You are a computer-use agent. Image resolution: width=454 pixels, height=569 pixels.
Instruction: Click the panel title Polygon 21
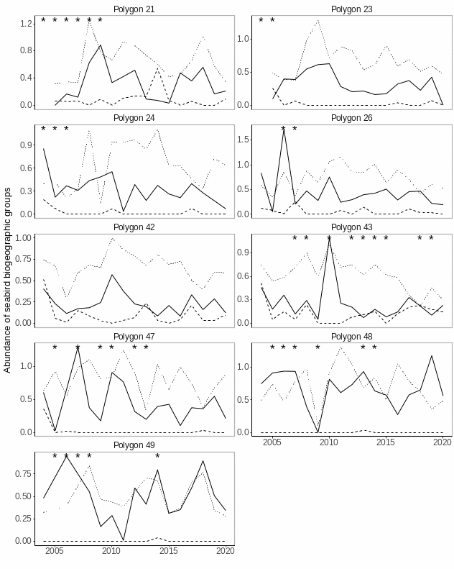tap(134, 9)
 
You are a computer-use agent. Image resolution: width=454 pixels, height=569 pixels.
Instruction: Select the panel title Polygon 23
tap(351, 9)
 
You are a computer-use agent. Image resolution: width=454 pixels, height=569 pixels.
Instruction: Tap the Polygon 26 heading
tap(351, 118)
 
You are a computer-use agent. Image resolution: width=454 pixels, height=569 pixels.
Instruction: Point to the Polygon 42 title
tap(134, 227)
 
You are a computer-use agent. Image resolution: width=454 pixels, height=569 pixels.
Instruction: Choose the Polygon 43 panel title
tap(351, 227)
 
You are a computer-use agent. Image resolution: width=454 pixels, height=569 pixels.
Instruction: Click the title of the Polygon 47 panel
tap(134, 336)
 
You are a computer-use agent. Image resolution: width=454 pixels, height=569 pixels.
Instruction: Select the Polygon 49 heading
tap(134, 445)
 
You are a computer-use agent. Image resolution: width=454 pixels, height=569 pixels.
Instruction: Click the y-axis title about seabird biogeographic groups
tap(8, 280)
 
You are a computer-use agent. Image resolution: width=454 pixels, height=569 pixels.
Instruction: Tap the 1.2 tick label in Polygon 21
tap(27, 24)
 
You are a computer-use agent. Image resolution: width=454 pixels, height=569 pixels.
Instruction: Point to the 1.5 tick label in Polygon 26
tap(244, 140)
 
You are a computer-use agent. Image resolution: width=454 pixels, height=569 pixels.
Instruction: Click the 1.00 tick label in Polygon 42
tap(24, 238)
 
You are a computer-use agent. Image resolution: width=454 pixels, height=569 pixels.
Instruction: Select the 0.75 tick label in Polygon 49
tap(24, 474)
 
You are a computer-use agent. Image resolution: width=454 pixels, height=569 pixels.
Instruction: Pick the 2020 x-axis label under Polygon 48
tap(443, 442)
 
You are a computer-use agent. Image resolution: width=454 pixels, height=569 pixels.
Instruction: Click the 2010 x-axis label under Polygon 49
tap(111, 551)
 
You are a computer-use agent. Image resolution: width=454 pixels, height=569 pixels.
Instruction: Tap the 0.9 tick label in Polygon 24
tap(27, 145)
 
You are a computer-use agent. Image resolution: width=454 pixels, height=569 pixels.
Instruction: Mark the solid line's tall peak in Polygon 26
tap(284, 128)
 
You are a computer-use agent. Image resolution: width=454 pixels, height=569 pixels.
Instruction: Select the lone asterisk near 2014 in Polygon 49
tap(157, 456)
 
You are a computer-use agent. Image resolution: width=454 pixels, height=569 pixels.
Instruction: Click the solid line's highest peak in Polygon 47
tap(78, 348)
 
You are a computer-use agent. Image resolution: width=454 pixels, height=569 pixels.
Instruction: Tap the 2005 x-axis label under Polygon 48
tap(272, 442)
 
